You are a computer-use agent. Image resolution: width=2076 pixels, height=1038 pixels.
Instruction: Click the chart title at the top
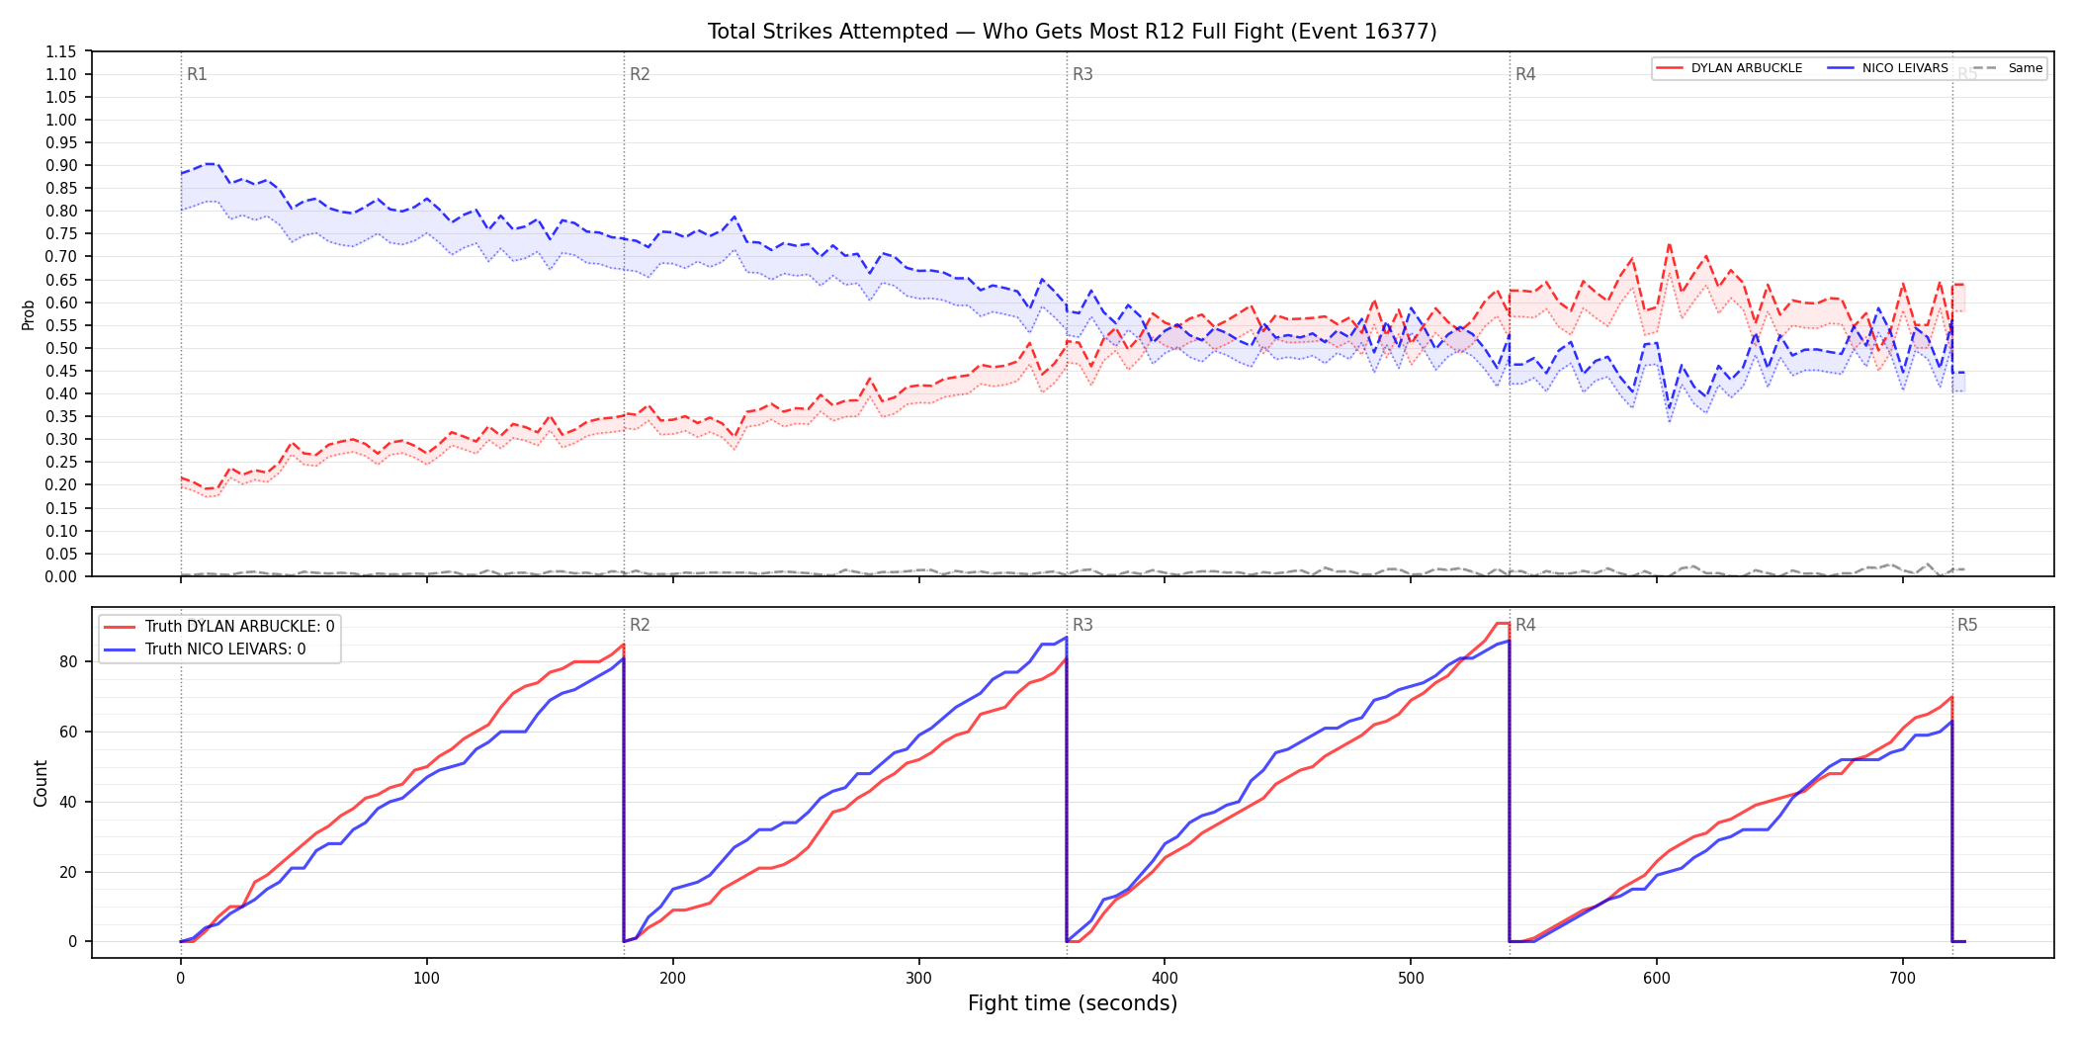coord(1073,32)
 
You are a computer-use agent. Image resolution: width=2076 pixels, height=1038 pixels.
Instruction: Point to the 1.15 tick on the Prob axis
coord(60,51)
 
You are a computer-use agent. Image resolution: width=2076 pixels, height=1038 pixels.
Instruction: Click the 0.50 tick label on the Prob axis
coord(60,348)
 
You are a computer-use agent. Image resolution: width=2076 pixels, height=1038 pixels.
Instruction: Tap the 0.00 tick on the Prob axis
coord(60,576)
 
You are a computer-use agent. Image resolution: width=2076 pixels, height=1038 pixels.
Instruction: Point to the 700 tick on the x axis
coord(1902,979)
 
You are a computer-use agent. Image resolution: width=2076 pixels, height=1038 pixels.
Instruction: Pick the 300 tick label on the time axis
coord(918,979)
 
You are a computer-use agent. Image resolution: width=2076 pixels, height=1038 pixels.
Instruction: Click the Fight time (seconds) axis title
coord(1073,1003)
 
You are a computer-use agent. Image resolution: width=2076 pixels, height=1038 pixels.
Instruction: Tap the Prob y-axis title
coord(29,314)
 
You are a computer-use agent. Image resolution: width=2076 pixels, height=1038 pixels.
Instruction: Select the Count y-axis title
coord(41,783)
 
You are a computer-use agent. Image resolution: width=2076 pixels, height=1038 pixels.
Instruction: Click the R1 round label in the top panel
coord(197,74)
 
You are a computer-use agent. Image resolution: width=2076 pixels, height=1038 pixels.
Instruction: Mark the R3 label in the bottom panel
coord(1082,625)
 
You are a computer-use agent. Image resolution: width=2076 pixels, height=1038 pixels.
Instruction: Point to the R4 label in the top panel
coord(1525,74)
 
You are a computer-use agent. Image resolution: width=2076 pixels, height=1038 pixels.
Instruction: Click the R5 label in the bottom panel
coord(1967,625)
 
